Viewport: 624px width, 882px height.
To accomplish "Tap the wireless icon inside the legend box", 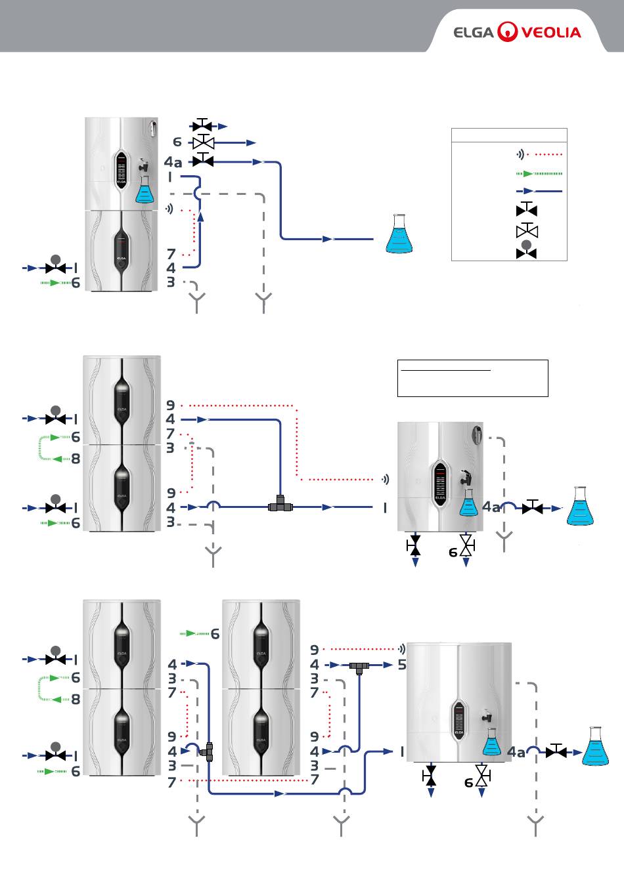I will click(x=520, y=154).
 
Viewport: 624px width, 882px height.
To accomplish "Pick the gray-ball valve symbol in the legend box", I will click(x=527, y=249).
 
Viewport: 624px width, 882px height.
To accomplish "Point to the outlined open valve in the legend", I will click(x=527, y=230).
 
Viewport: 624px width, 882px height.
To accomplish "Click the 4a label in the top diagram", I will click(x=173, y=161).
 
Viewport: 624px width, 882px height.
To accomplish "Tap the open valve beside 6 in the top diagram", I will click(x=203, y=142).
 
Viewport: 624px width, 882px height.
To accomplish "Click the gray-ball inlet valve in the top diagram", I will click(x=56, y=266).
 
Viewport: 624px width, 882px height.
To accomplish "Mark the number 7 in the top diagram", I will click(x=171, y=254).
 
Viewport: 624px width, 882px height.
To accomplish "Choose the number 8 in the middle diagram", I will click(x=76, y=459).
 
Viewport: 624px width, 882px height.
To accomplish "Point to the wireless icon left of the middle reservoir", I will click(x=386, y=480).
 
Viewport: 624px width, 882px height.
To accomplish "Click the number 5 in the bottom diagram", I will click(x=402, y=665).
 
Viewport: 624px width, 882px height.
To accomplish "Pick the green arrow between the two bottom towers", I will click(x=191, y=633).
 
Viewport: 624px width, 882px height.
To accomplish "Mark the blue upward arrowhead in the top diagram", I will click(x=200, y=217).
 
